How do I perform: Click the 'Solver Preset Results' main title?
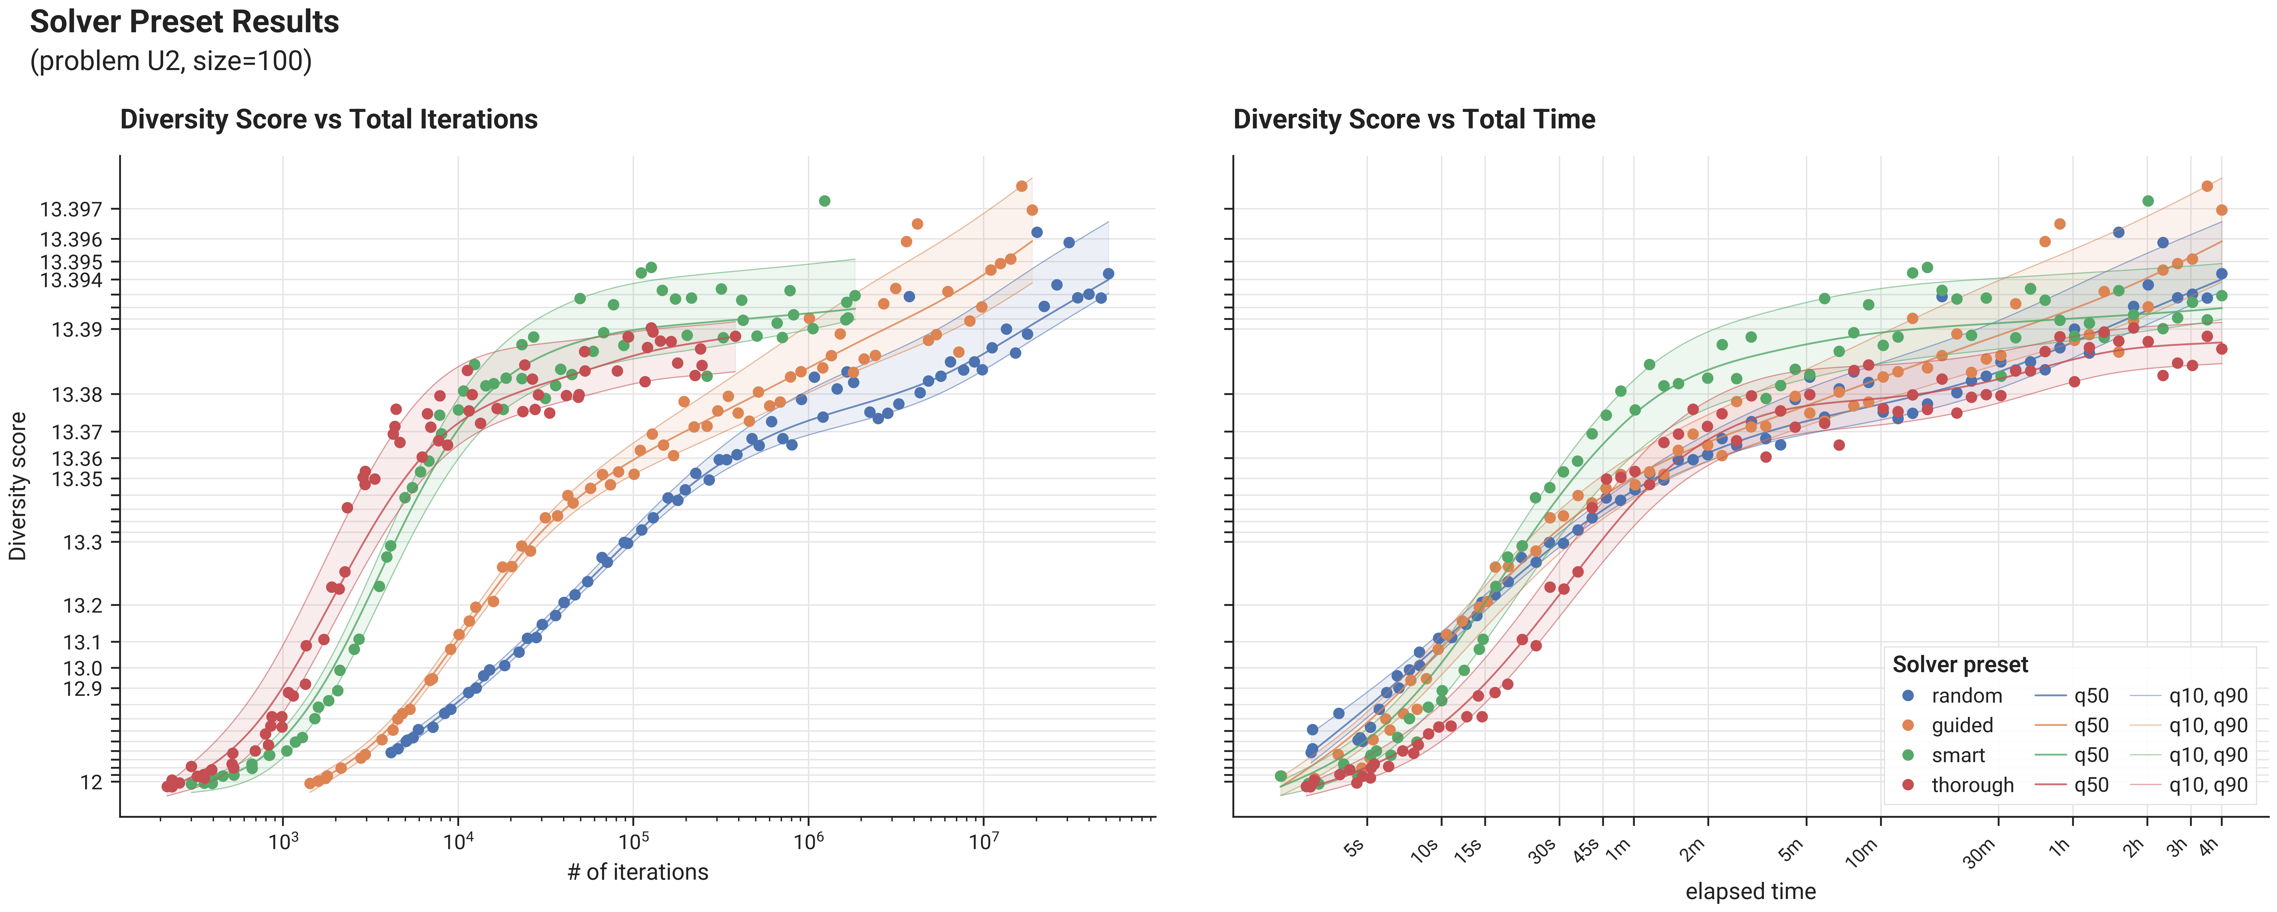[185, 21]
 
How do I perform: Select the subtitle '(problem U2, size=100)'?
[171, 61]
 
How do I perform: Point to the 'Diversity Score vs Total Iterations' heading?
[329, 119]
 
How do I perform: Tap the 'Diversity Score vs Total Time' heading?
[1414, 119]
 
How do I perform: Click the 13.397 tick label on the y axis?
[71, 209]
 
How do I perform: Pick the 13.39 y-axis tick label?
[77, 330]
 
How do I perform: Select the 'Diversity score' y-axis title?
[18, 486]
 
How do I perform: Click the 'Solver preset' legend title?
[1961, 665]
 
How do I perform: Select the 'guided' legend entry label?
[1962, 725]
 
